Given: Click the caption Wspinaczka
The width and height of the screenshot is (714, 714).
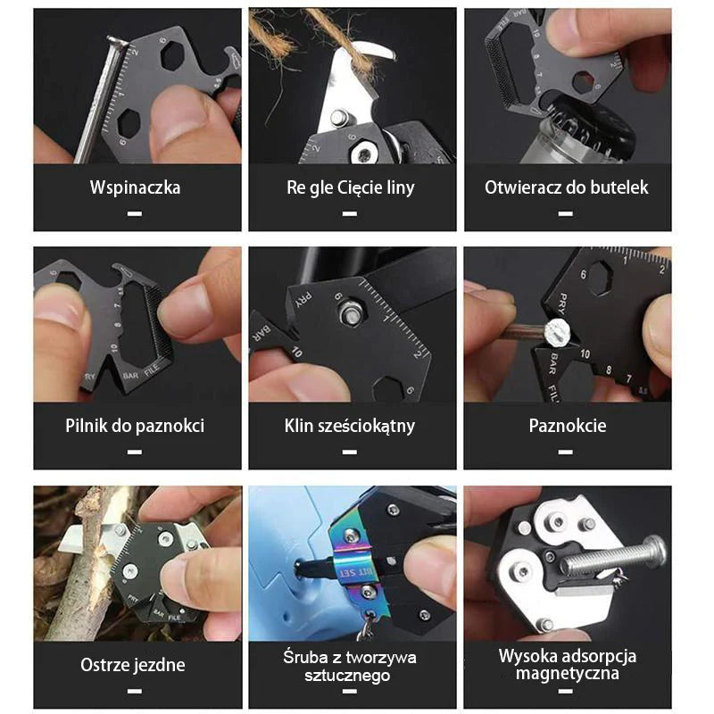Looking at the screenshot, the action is (x=135, y=187).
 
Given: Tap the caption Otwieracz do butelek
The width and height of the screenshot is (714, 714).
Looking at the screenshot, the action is (x=567, y=187).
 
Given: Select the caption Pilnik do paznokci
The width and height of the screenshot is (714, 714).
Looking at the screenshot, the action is (x=135, y=427).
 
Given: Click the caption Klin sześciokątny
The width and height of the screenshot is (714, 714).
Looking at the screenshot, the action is (x=350, y=427).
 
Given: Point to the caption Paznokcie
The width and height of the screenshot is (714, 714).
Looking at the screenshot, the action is (x=568, y=426).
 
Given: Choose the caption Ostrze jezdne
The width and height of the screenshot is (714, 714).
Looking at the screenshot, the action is (x=133, y=665).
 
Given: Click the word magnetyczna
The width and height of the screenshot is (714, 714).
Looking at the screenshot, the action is (x=568, y=674).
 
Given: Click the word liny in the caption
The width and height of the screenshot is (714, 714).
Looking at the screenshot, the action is (x=401, y=187).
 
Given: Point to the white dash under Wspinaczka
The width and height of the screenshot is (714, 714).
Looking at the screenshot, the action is (x=135, y=213).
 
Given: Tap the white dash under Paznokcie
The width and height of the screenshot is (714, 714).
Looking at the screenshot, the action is (x=566, y=452).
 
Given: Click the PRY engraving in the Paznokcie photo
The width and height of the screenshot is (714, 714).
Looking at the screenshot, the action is (x=563, y=304).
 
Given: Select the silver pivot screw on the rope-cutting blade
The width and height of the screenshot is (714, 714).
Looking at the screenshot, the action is (x=337, y=117).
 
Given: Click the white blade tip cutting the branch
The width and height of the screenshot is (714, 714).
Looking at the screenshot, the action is (x=70, y=538).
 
